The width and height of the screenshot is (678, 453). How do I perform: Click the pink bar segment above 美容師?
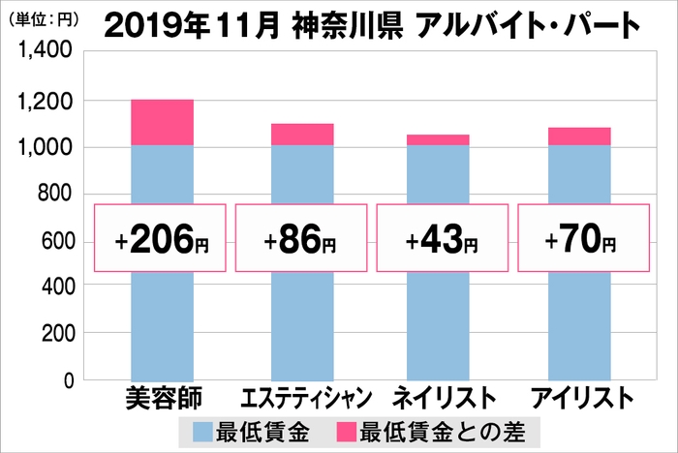click(x=162, y=122)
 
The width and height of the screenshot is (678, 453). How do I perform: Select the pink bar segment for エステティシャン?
click(x=302, y=135)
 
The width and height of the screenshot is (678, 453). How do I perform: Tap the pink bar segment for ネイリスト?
click(x=439, y=140)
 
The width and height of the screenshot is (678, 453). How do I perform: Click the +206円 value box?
click(x=161, y=239)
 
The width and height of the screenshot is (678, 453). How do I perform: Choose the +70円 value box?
click(x=579, y=239)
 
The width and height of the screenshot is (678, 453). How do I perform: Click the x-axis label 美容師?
click(x=161, y=398)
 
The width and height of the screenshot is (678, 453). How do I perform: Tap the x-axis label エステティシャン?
click(x=302, y=399)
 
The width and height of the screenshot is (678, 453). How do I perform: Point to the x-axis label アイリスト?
click(x=579, y=399)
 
